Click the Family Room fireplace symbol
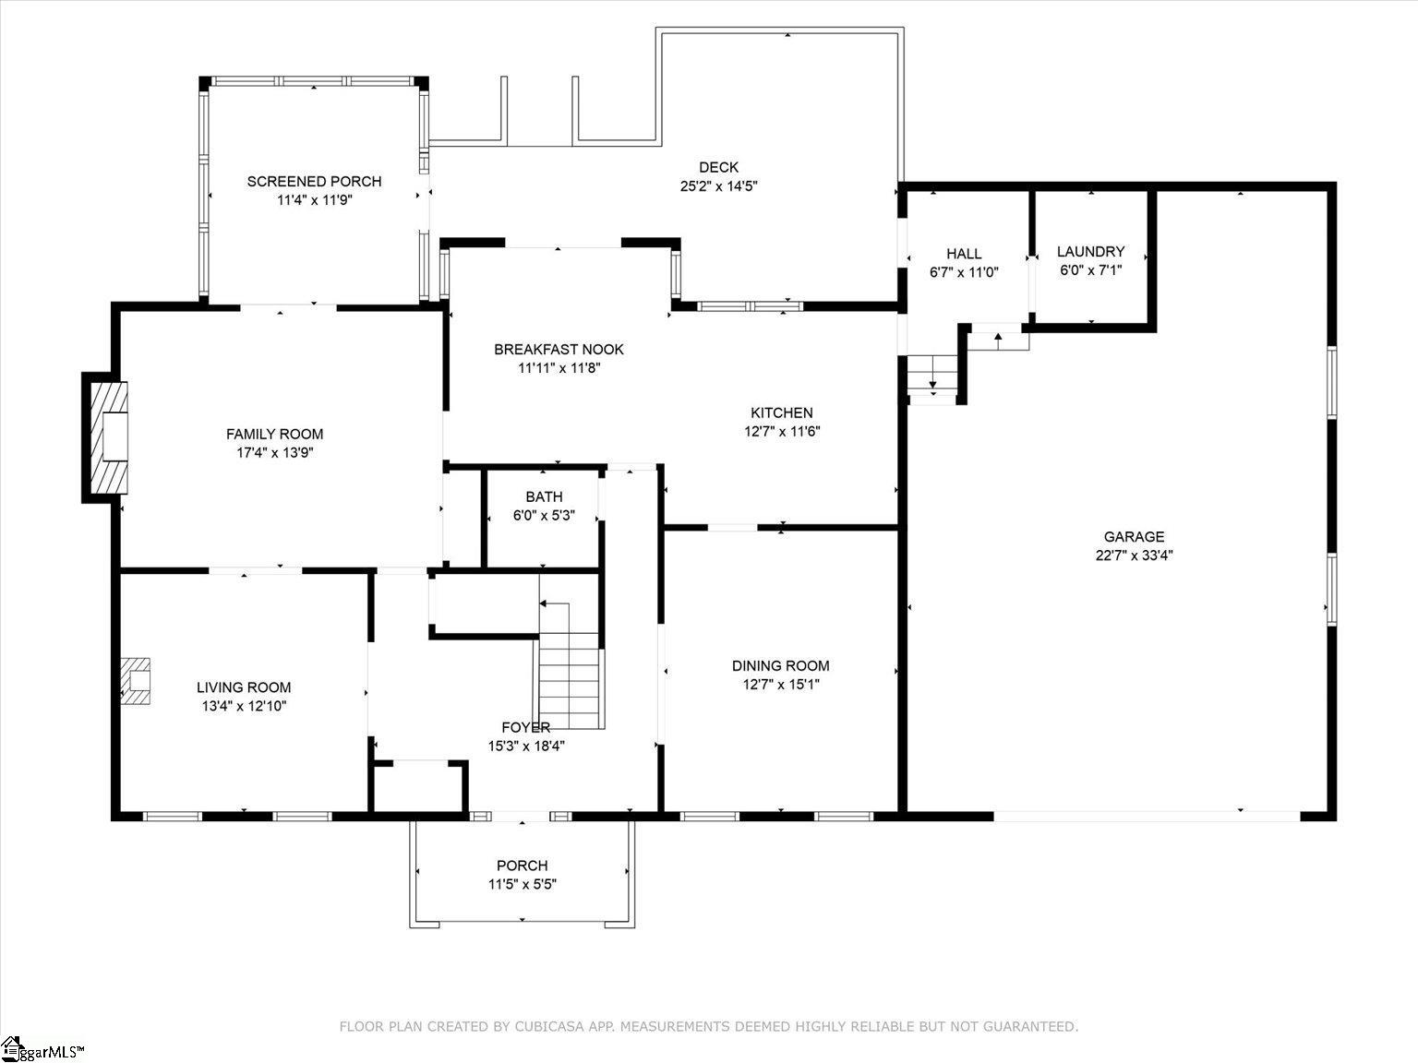point(109,437)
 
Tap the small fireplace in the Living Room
point(136,681)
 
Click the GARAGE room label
point(1134,536)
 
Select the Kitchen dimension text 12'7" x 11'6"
point(782,431)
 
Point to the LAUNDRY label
point(1090,251)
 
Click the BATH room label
point(544,496)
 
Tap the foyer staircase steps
point(569,681)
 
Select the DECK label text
point(718,167)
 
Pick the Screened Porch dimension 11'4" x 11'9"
point(315,200)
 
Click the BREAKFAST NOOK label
point(559,349)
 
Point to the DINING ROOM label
point(780,665)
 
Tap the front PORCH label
point(522,866)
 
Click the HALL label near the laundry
point(964,254)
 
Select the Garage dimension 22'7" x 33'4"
point(1134,555)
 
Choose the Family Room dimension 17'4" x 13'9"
point(275,452)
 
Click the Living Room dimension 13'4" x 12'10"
point(244,706)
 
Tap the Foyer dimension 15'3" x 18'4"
point(526,746)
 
